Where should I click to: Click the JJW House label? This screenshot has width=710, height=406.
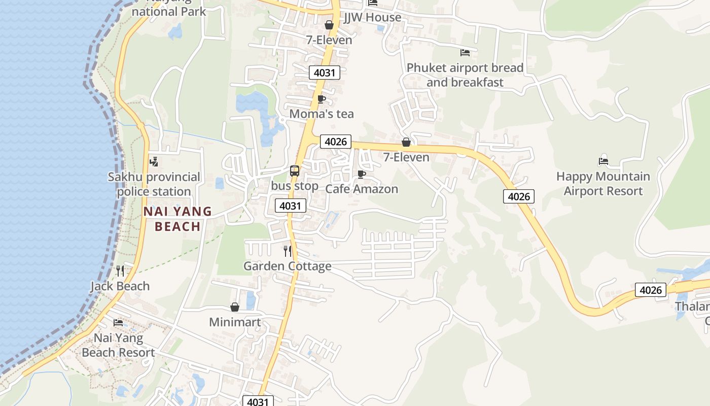pyautogui.click(x=373, y=17)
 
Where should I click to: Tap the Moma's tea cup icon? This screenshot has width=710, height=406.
pyautogui.click(x=321, y=99)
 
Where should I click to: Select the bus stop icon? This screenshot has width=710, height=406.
pyautogui.click(x=295, y=171)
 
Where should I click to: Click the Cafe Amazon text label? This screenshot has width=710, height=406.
pyautogui.click(x=362, y=189)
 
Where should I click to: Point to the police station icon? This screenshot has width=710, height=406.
pyautogui.click(x=154, y=162)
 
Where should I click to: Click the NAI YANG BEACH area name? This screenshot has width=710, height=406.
pyautogui.click(x=177, y=219)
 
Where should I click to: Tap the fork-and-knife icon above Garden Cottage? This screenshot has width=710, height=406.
pyautogui.click(x=288, y=251)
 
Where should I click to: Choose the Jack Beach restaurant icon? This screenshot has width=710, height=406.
pyautogui.click(x=120, y=270)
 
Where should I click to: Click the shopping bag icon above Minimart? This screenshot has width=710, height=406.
pyautogui.click(x=235, y=307)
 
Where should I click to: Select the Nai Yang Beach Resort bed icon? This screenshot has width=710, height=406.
pyautogui.click(x=118, y=322)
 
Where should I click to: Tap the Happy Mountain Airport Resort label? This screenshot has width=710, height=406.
pyautogui.click(x=603, y=184)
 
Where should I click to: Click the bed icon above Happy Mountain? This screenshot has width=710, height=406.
pyautogui.click(x=603, y=161)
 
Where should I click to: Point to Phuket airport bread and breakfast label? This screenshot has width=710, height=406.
pyautogui.click(x=465, y=75)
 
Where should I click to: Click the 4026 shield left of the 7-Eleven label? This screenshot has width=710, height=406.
pyautogui.click(x=335, y=142)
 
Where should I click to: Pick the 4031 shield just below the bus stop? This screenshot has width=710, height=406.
pyautogui.click(x=291, y=206)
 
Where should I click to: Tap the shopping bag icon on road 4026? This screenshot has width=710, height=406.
pyautogui.click(x=406, y=142)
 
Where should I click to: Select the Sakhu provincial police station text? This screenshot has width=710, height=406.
pyautogui.click(x=154, y=184)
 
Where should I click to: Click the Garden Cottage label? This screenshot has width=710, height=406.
pyautogui.click(x=288, y=266)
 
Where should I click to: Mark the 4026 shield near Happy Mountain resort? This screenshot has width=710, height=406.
pyautogui.click(x=519, y=196)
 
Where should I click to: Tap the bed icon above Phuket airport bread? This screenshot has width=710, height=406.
pyautogui.click(x=465, y=52)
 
